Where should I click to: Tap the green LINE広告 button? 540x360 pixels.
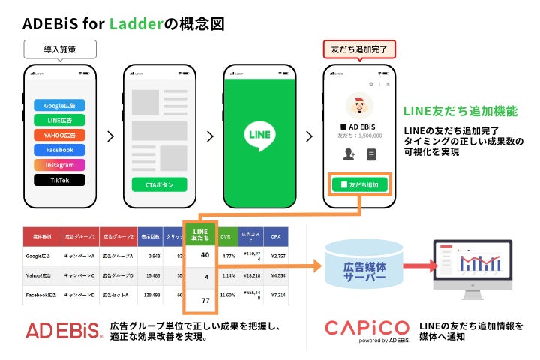[59, 120]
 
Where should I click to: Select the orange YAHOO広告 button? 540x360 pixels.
[59, 135]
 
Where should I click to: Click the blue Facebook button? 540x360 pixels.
[59, 150]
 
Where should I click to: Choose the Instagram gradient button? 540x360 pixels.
[59, 165]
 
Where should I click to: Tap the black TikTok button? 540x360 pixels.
[59, 180]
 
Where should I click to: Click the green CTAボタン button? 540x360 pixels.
[159, 184]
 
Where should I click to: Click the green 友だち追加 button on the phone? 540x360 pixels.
[359, 184]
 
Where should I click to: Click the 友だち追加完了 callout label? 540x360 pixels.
[359, 50]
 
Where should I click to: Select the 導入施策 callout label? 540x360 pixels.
[59, 50]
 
